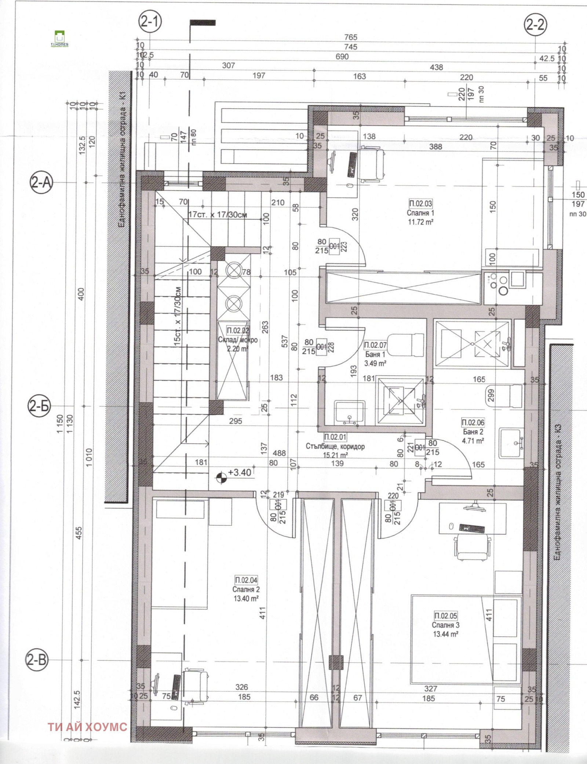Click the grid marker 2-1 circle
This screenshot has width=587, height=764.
pos(150,23)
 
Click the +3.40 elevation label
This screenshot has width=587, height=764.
pos(240,472)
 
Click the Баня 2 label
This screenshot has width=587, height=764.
pos(473,432)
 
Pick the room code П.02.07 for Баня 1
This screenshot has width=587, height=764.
pos(375,345)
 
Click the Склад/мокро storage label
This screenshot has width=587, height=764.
pos(237,340)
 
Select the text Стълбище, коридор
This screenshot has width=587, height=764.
pos(335,447)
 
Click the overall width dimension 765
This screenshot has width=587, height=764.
pos(351,37)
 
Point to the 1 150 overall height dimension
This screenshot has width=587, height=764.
pos(61,425)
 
